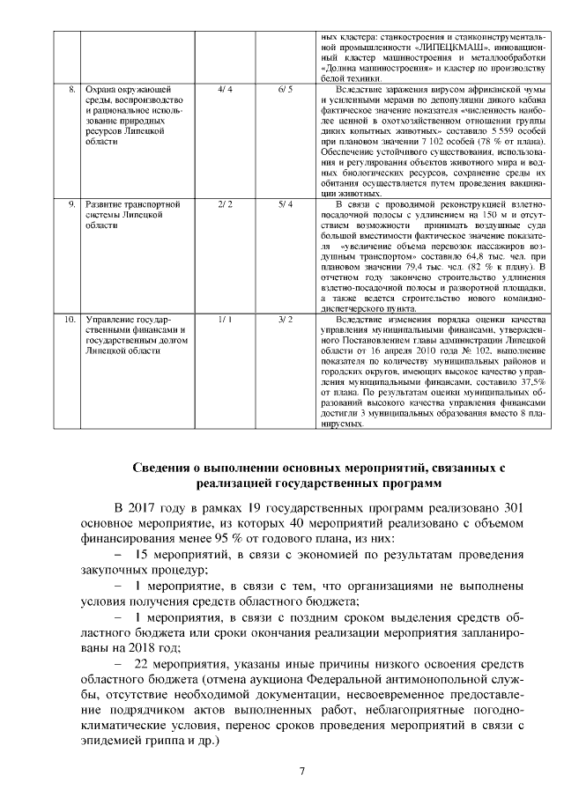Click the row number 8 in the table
tap(71, 89)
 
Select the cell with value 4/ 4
tap(224, 89)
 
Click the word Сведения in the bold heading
tap(162, 467)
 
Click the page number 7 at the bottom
tap(302, 772)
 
